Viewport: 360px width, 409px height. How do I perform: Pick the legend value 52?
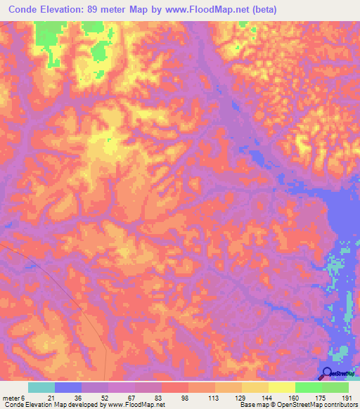click(x=103, y=396)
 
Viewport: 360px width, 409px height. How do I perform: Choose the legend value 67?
click(x=130, y=396)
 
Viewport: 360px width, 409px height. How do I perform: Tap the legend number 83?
click(x=157, y=396)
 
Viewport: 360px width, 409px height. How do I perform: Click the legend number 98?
click(x=184, y=396)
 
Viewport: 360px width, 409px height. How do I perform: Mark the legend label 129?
click(x=238, y=396)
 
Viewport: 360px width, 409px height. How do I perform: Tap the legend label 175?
click(x=319, y=396)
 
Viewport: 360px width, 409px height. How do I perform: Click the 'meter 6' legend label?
click(x=13, y=396)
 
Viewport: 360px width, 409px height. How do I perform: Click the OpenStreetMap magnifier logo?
click(x=328, y=373)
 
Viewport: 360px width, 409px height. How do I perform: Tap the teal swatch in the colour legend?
click(x=41, y=387)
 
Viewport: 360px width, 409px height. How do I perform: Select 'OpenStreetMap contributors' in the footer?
click(x=319, y=405)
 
